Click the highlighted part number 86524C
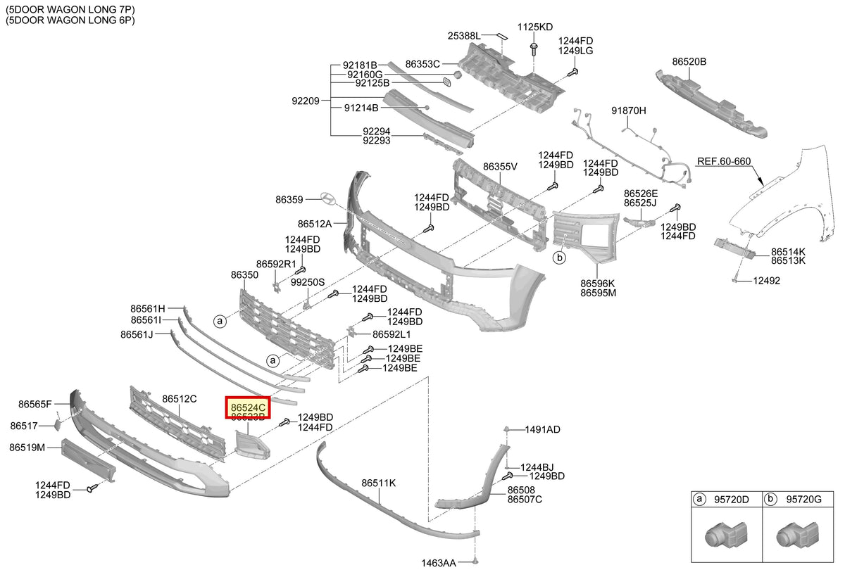(x=248, y=407)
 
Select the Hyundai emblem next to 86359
(x=328, y=198)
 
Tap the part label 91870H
(x=628, y=110)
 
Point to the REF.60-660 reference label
(x=724, y=161)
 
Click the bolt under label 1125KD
(x=534, y=49)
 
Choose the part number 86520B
(x=689, y=61)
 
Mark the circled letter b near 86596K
(x=559, y=258)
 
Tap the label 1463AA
(x=438, y=563)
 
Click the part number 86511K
(x=378, y=483)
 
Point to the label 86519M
(x=27, y=448)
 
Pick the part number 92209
(x=306, y=101)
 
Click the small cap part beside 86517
(x=57, y=424)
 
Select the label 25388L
(x=464, y=36)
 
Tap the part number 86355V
(x=500, y=167)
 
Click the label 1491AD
(x=542, y=429)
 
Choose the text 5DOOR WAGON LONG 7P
(x=70, y=9)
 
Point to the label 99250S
(x=308, y=282)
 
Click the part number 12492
(x=767, y=281)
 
